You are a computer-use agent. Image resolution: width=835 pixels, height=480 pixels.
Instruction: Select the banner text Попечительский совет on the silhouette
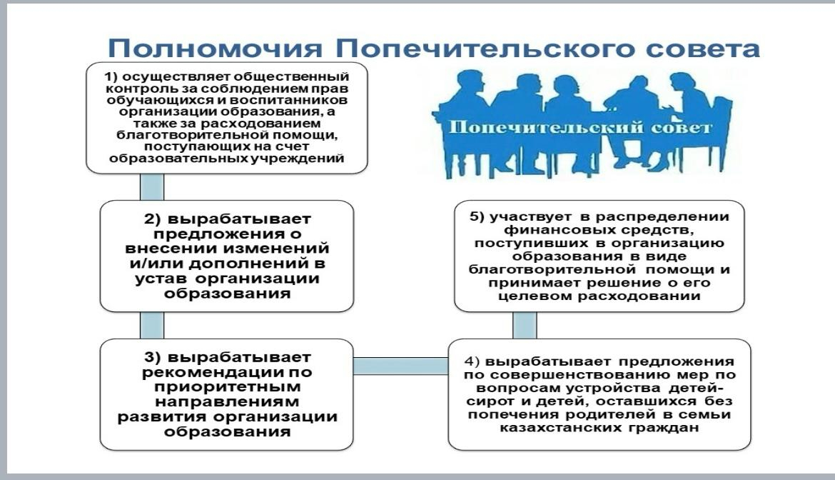pyautogui.click(x=580, y=129)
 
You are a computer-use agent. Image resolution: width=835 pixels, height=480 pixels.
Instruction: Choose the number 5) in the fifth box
pyautogui.click(x=477, y=217)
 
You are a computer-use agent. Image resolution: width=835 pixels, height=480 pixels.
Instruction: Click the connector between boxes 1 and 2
pyautogui.click(x=151, y=186)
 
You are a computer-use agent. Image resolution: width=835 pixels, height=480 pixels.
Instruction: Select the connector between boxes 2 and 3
pyautogui.click(x=151, y=325)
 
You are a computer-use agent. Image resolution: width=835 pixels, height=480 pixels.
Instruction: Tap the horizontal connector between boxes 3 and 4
pyautogui.click(x=400, y=366)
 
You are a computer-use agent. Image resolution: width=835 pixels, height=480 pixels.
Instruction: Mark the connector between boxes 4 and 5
pyautogui.click(x=525, y=325)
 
